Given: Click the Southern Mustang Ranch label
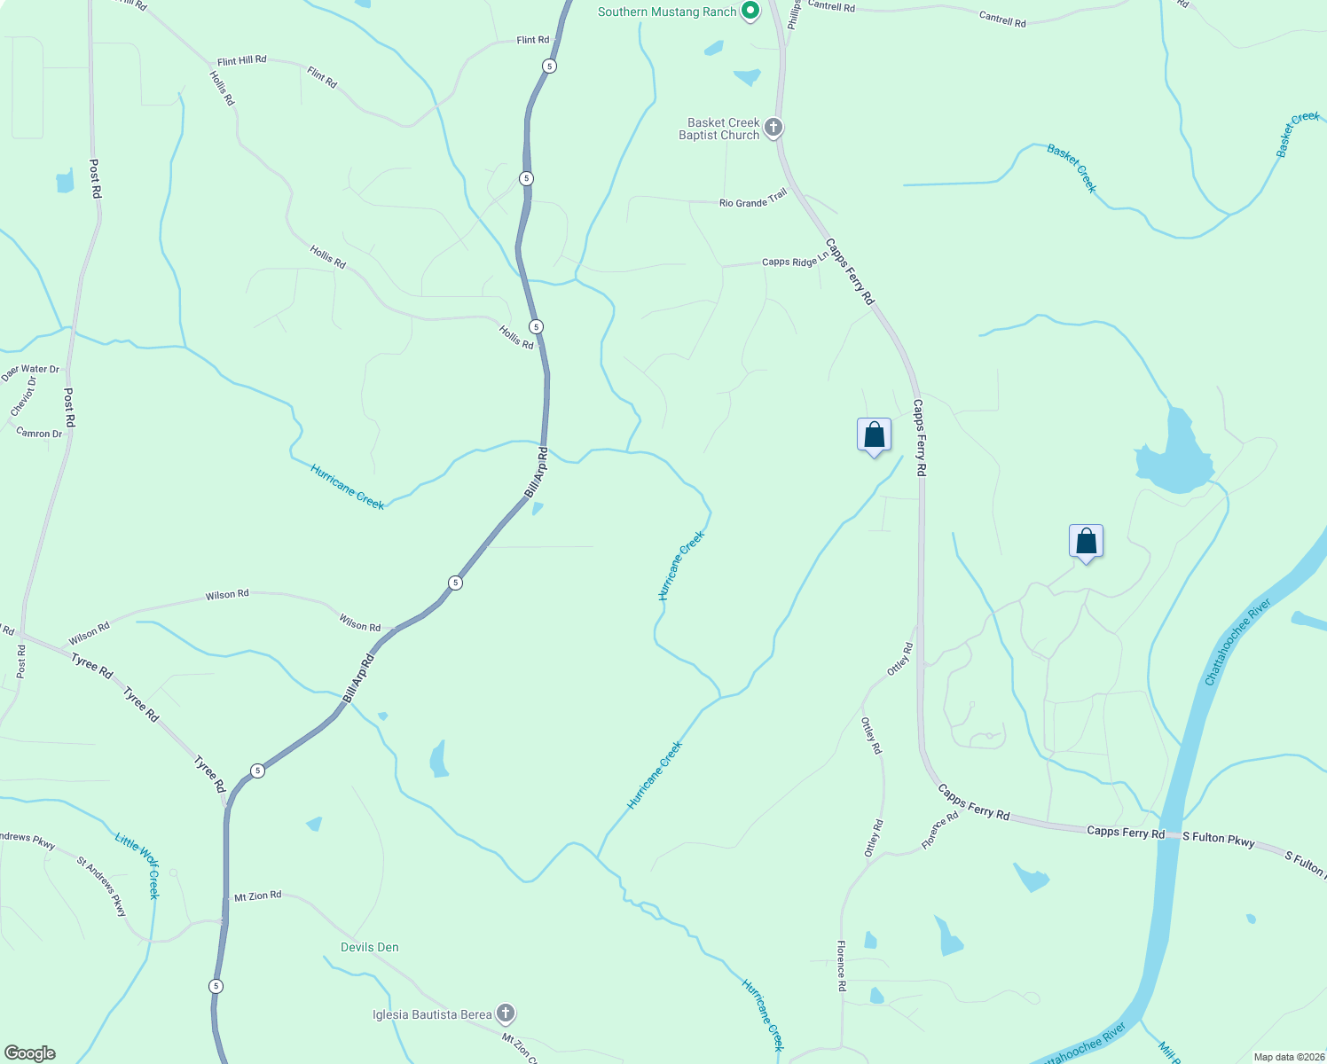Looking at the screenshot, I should pyautogui.click(x=667, y=12).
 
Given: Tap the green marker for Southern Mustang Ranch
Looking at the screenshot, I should pyautogui.click(x=750, y=11).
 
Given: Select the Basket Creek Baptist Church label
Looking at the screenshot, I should pyautogui.click(x=719, y=129).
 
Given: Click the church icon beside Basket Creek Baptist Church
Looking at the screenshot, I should pyautogui.click(x=773, y=128).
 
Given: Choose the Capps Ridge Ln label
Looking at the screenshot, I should pyautogui.click(x=795, y=261).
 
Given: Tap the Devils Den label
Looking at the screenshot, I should pyautogui.click(x=370, y=947).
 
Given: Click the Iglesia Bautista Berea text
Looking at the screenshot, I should pyautogui.click(x=432, y=1014).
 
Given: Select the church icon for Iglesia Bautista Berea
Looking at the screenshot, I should pyautogui.click(x=506, y=1013).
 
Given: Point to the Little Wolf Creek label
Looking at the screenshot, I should pyautogui.click(x=138, y=864).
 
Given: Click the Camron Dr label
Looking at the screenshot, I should pyautogui.click(x=40, y=433).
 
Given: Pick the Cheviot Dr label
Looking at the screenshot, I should pyautogui.click(x=24, y=396).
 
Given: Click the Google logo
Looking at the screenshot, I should pyautogui.click(x=29, y=1053).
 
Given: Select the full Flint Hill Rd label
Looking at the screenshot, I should pyautogui.click(x=241, y=61).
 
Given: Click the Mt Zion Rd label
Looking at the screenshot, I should pyautogui.click(x=257, y=896).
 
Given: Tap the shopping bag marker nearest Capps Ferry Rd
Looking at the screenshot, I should pyautogui.click(x=874, y=435).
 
